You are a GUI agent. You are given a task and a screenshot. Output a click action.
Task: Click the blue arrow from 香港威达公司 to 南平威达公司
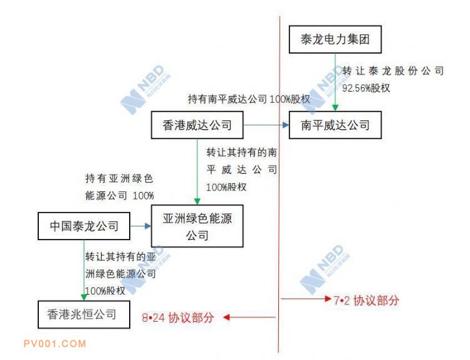(x=266, y=125)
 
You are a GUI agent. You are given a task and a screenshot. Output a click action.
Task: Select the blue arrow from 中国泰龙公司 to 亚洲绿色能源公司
(x=140, y=226)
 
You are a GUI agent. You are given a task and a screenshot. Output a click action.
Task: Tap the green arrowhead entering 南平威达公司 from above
(x=335, y=108)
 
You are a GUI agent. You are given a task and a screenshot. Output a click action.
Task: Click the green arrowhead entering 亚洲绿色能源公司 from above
(x=197, y=201)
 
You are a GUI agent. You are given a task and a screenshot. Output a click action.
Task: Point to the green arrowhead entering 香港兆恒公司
(x=84, y=297)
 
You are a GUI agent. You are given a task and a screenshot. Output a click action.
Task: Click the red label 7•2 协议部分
(x=367, y=300)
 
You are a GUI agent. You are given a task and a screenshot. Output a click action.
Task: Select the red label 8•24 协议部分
(x=178, y=317)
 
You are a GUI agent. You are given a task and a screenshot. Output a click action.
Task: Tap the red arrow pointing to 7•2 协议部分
(x=306, y=299)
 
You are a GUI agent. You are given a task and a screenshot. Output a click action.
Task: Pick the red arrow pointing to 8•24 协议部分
(x=249, y=317)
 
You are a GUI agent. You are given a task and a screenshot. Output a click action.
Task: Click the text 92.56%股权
(x=366, y=88)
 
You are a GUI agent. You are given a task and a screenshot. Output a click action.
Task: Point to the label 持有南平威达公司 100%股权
(x=249, y=99)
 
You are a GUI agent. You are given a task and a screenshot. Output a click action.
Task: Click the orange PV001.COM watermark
(x=55, y=344)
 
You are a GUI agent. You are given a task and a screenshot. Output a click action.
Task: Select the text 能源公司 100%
(x=120, y=196)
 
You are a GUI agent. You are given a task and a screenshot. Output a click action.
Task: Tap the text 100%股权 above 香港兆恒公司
(x=105, y=291)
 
